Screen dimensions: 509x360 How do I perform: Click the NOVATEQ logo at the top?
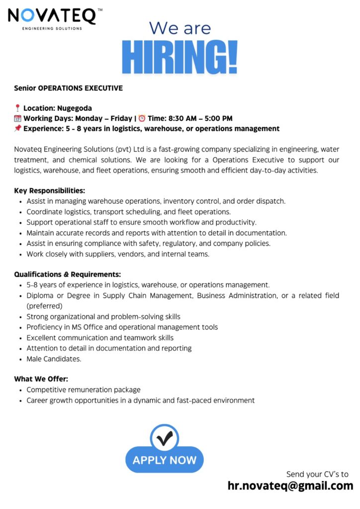[52, 16]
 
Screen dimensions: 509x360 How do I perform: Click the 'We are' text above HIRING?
[180, 28]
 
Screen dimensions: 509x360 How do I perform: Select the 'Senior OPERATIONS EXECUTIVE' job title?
[68, 88]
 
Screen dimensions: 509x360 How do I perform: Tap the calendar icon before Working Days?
[17, 118]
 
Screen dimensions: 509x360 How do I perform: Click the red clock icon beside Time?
[142, 118]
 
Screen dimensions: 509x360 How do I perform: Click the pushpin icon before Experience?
[17, 129]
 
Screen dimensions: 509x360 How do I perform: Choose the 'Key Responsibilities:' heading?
[50, 190]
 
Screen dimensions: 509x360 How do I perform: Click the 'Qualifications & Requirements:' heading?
[68, 274]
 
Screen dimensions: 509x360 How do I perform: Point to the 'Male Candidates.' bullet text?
[54, 358]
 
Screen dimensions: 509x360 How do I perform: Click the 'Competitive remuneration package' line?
[84, 390]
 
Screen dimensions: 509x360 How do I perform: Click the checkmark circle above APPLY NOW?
[164, 438]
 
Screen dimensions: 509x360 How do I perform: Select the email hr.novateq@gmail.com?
[290, 486]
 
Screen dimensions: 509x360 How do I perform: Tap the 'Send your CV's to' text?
[317, 474]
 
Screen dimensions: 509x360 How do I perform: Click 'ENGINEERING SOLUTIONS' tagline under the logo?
[52, 28]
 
